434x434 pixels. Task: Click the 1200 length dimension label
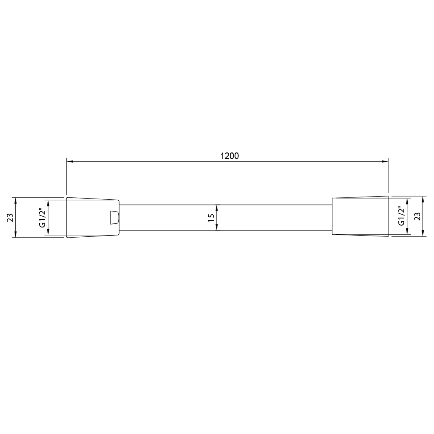tap(230, 156)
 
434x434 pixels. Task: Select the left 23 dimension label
tap(10, 217)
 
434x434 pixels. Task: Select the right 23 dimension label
tap(417, 216)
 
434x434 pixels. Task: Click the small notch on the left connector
tap(114, 218)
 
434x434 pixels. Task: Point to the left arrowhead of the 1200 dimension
tap(70, 162)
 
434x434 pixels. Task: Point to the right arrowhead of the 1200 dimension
tap(385, 162)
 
